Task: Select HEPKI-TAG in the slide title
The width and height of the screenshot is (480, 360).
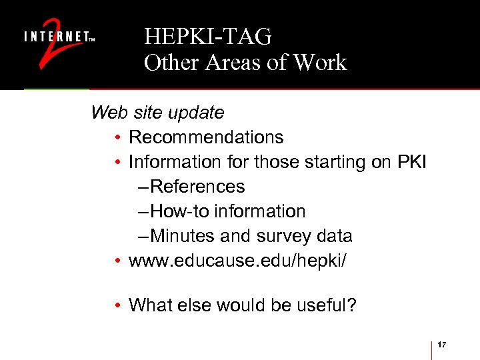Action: [207, 37]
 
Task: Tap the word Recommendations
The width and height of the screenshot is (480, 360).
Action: [206, 137]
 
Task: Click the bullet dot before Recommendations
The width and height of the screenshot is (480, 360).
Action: [117, 138]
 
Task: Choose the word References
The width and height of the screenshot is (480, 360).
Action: [198, 187]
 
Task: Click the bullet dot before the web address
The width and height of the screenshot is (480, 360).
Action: [117, 261]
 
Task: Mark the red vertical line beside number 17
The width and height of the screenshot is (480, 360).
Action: [433, 349]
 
